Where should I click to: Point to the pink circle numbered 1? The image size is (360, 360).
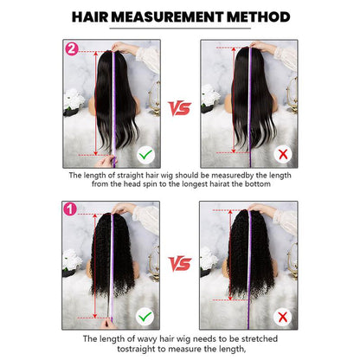click(68, 209)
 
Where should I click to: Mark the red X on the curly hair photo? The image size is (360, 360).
click(280, 315)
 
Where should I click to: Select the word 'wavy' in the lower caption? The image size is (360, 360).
click(135, 338)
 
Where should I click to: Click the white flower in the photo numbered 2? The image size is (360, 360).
click(72, 100)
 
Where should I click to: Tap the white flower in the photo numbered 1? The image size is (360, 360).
click(72, 260)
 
